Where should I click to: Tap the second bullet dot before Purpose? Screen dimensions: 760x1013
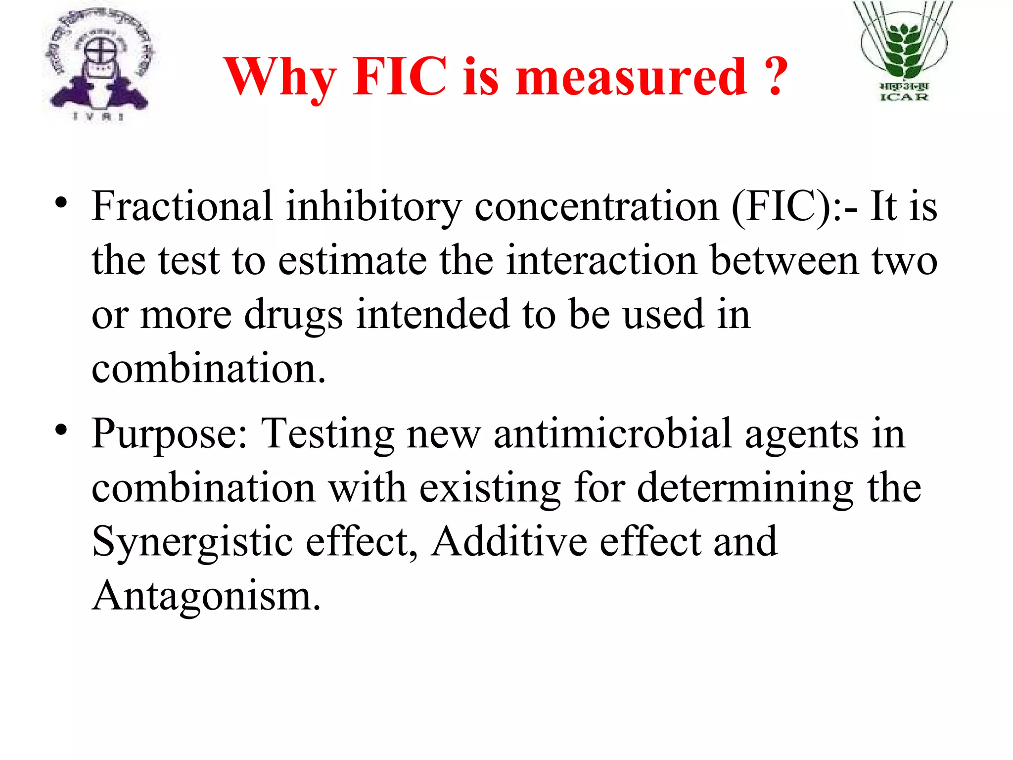(x=61, y=431)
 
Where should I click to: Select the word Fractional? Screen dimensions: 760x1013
(x=182, y=206)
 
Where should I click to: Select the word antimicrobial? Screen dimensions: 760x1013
(x=612, y=433)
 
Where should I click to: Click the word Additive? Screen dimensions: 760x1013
(x=509, y=541)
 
